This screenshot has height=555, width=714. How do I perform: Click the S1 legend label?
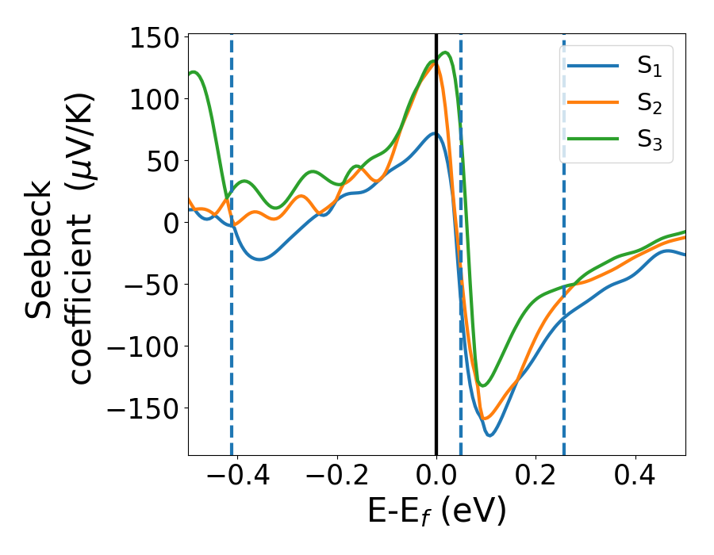[x=650, y=67]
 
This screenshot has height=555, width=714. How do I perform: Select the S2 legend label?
[x=650, y=103]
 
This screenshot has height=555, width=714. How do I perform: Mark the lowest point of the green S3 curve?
[x=482, y=385]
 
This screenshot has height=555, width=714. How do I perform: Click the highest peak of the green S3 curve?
[x=445, y=53]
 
